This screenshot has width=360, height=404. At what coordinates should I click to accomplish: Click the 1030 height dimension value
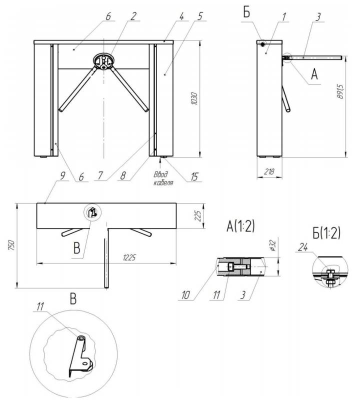pyautogui.click(x=194, y=98)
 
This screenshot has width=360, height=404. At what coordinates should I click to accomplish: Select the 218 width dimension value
pyautogui.click(x=269, y=171)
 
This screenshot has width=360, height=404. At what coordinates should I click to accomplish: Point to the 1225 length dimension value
pyautogui.click(x=129, y=257)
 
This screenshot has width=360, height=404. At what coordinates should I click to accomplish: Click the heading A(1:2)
pyautogui.click(x=240, y=226)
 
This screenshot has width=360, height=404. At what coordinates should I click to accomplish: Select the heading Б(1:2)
pyautogui.click(x=326, y=233)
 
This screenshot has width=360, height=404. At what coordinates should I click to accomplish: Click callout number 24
pyautogui.click(x=303, y=247)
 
